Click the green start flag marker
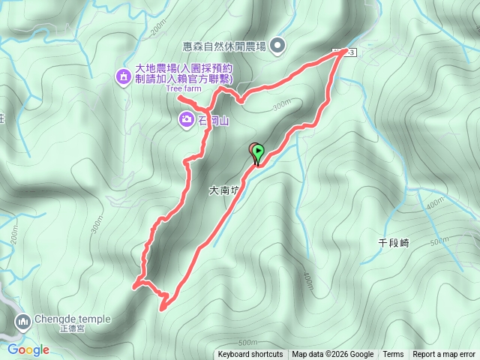258,152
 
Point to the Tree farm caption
184,88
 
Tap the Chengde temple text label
66,318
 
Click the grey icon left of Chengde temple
22,322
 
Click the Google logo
28,349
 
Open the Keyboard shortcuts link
250,355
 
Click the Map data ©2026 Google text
333,355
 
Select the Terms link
393,355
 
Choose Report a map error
445,355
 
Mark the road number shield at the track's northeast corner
346,51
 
